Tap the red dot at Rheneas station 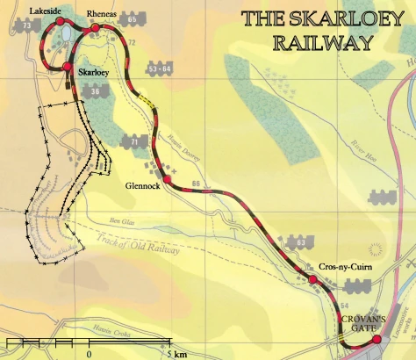(x=95, y=29)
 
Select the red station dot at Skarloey (x=67, y=66)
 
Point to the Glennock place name (x=141, y=185)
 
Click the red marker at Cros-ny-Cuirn (x=312, y=280)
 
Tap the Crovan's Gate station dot (x=377, y=339)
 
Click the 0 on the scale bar (x=89, y=354)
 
